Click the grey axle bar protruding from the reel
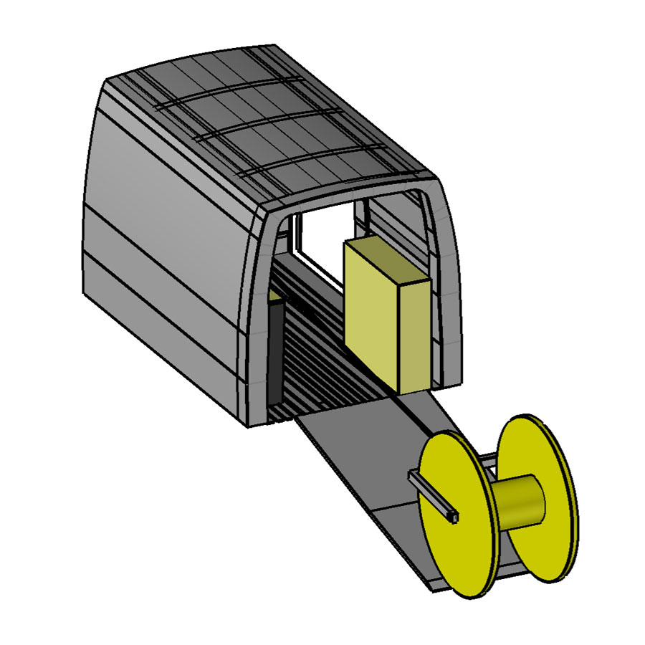[430, 494]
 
